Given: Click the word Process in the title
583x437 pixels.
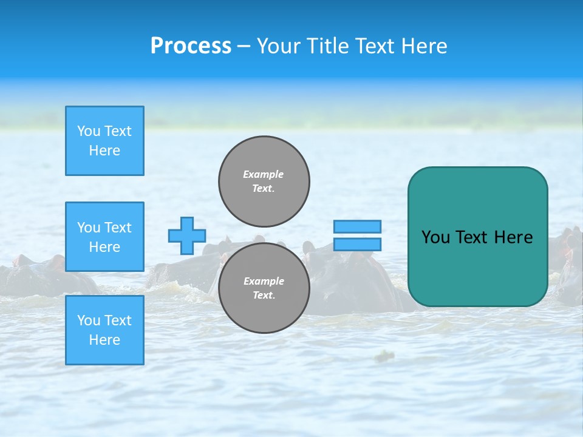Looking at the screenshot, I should (x=191, y=46).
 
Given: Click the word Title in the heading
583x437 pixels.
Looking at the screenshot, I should (x=326, y=46).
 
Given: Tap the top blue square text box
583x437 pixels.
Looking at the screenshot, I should (x=104, y=141).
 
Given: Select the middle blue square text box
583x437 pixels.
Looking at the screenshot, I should (x=104, y=237).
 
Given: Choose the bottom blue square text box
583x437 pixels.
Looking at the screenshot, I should (x=104, y=330).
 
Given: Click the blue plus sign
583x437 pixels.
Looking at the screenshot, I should (x=187, y=235).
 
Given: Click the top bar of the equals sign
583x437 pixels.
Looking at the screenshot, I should (x=357, y=226).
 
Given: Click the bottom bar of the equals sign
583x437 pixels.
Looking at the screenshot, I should (x=357, y=244).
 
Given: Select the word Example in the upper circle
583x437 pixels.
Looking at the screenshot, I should (x=264, y=174).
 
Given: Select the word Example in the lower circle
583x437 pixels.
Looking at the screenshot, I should (x=264, y=281).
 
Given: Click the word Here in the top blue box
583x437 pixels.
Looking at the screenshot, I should (x=104, y=151).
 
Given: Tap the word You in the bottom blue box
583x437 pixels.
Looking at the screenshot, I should (x=89, y=320).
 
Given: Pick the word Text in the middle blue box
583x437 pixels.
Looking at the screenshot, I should (x=118, y=228).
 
